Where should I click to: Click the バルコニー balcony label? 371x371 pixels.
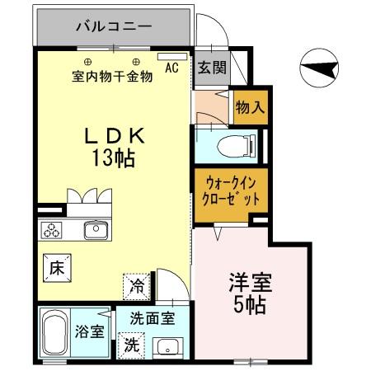(x=114, y=27)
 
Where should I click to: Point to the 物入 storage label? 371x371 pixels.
(x=249, y=106)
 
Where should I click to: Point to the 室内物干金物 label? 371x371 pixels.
(x=110, y=77)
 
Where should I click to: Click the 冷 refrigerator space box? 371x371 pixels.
(x=137, y=289)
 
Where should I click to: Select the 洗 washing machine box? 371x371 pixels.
(x=132, y=346)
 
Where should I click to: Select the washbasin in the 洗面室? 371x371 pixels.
(x=170, y=346)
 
